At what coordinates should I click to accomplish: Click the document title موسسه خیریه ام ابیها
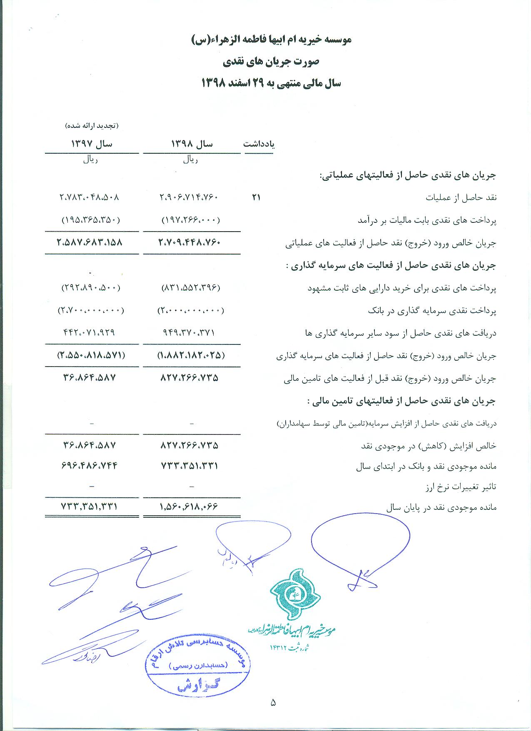271,39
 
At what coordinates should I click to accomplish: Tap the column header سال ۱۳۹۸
192,144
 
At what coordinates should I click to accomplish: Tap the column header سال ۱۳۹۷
92,144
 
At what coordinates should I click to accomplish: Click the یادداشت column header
259,144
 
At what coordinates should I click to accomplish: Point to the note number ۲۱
256,197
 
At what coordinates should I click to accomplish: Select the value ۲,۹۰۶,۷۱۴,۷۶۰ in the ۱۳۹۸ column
189,197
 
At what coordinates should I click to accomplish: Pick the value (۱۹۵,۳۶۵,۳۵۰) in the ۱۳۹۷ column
91,220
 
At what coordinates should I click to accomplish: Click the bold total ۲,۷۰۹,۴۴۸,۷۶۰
189,242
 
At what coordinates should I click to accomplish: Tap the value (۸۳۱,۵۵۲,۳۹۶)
190,288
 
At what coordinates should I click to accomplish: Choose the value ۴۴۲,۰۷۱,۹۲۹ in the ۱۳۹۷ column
89,333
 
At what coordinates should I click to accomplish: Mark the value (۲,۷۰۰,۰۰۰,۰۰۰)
91,310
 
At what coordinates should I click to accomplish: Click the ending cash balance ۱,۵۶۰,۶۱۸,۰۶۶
189,507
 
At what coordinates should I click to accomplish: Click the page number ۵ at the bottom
273,703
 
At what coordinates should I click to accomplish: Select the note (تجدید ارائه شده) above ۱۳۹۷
92,125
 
